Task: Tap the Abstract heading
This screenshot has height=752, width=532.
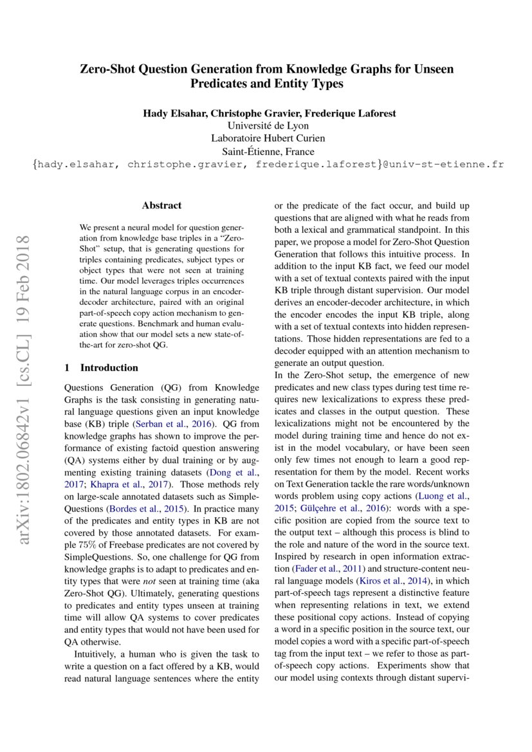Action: tap(161, 206)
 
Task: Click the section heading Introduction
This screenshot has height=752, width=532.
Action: tap(109, 368)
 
